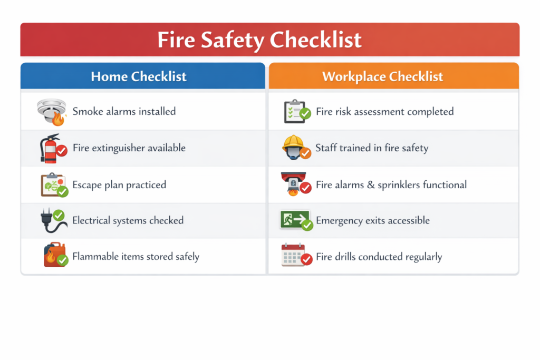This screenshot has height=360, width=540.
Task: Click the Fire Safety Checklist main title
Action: click(x=259, y=40)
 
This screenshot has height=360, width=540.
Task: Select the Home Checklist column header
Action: click(x=139, y=76)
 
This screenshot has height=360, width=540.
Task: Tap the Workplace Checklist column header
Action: click(x=383, y=76)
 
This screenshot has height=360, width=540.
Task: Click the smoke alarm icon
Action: click(x=52, y=112)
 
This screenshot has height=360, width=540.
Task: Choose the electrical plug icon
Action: click(x=53, y=220)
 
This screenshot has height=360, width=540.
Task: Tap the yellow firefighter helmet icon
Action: click(x=296, y=147)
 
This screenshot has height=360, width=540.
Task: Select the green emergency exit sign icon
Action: click(x=296, y=220)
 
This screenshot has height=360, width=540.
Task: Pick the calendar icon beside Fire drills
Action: click(x=296, y=255)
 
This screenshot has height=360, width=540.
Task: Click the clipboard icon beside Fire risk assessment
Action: click(x=297, y=111)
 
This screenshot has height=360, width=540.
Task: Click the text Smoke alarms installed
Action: click(x=124, y=112)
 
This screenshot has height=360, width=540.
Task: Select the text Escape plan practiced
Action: click(x=119, y=185)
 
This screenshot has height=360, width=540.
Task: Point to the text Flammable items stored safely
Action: click(x=136, y=257)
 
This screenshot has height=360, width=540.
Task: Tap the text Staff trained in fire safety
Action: click(x=372, y=148)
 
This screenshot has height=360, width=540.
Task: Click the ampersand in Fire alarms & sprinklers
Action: click(x=371, y=185)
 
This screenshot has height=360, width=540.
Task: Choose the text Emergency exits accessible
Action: click(x=373, y=220)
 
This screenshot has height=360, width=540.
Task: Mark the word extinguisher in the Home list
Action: click(x=124, y=148)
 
